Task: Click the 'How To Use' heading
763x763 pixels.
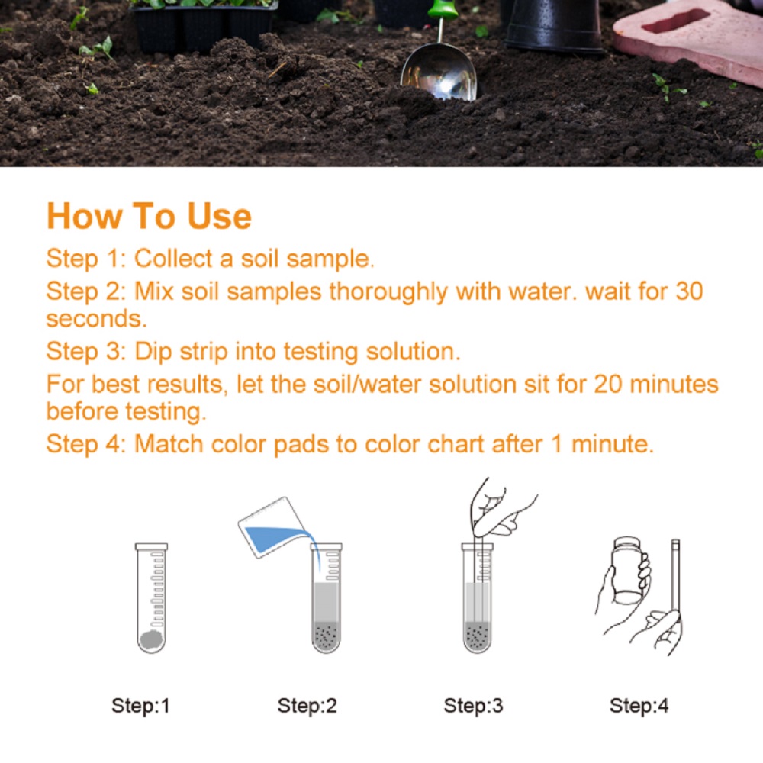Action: pos(149,216)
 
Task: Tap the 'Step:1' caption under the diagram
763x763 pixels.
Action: pos(140,706)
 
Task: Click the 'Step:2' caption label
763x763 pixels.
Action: pos(307,706)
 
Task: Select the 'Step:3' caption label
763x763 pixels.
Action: pos(473,706)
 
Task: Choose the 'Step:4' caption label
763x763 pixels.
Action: pos(639,706)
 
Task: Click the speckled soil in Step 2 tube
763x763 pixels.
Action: pos(326,636)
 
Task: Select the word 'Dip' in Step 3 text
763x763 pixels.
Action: pos(150,352)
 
